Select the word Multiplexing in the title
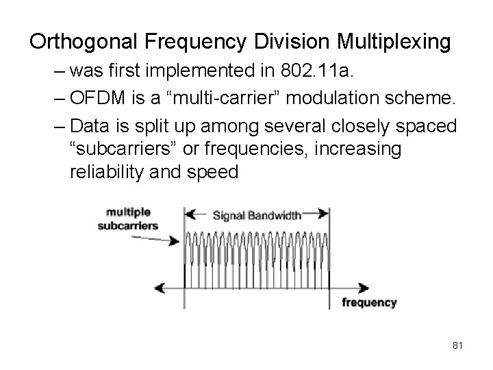pyautogui.click(x=394, y=42)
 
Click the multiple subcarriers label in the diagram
pyautogui.click(x=127, y=219)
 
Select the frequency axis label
pyautogui.click(x=369, y=302)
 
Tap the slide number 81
pyautogui.click(x=458, y=346)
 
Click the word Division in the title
pyautogui.click(x=290, y=42)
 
